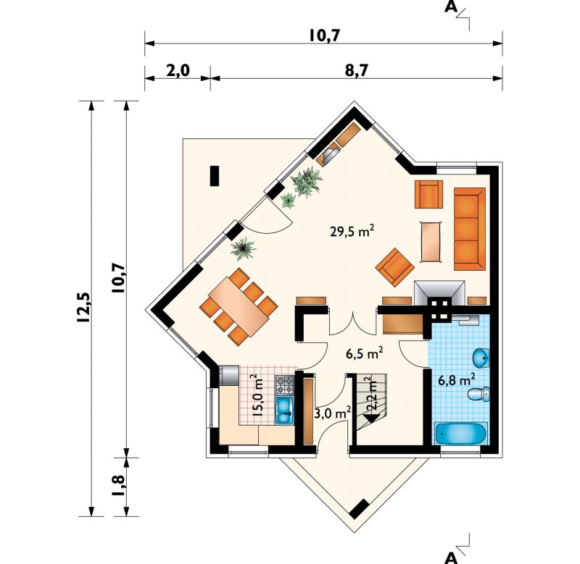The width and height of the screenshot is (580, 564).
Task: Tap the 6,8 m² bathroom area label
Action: tap(457, 379)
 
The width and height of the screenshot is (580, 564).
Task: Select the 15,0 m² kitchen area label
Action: tap(257, 395)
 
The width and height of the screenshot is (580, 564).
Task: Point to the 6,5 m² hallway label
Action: tap(364, 353)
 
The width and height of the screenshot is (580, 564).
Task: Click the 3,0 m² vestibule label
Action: tap(333, 413)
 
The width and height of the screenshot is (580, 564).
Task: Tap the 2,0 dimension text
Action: tap(178, 70)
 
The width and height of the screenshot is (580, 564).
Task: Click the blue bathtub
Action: tap(460, 434)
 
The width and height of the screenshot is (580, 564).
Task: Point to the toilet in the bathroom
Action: tap(478, 395)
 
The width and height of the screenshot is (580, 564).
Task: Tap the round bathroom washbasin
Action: tap(481, 357)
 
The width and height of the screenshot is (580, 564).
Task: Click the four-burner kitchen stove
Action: tap(284, 385)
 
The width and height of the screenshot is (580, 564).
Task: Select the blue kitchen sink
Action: tap(284, 410)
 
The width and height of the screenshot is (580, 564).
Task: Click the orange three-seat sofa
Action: tap(469, 229)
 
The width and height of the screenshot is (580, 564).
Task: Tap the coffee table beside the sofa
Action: tap(431, 242)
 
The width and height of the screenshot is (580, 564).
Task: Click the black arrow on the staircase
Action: tap(372, 419)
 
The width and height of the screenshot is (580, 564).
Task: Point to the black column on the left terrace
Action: tap(215, 176)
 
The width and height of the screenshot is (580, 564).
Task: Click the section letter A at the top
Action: tap(451, 7)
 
